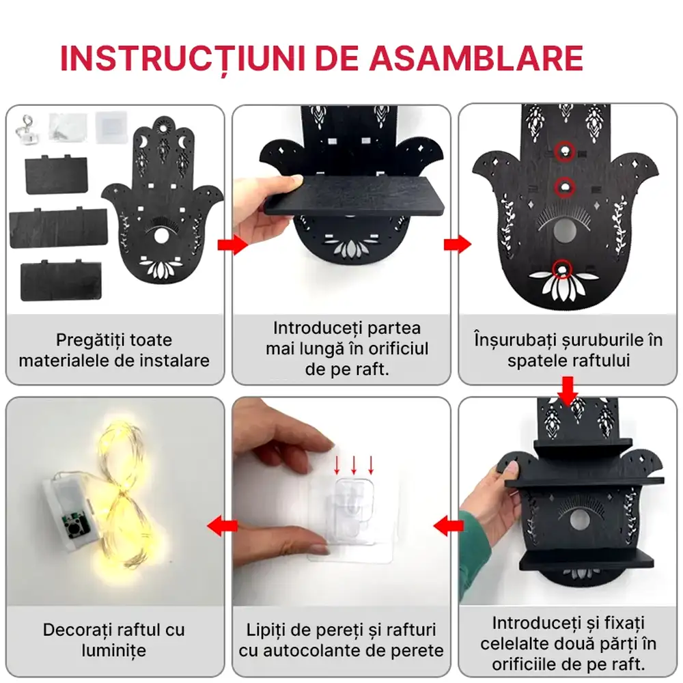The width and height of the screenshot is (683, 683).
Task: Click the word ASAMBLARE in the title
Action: [477, 59]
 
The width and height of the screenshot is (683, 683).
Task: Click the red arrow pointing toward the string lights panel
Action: [223, 525]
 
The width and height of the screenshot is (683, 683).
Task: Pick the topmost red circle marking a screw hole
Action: [563, 150]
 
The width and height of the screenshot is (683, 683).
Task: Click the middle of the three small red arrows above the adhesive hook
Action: [354, 465]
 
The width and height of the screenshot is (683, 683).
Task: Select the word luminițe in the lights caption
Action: [114, 650]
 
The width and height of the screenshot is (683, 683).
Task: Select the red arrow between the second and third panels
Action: [456, 245]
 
